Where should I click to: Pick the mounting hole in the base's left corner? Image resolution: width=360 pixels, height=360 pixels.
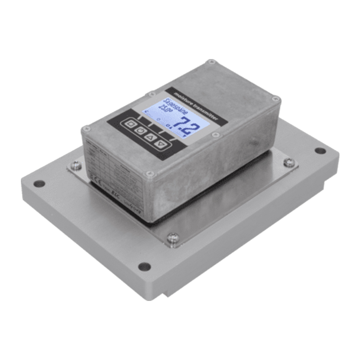pos(39,184)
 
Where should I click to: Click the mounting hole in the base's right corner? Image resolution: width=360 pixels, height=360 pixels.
pos(320,150)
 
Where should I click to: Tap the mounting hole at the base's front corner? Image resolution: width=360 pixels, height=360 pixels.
pos(144,267)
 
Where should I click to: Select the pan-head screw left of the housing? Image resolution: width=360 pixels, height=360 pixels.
pos(76,165)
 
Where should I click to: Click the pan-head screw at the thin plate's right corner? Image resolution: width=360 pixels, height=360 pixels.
pos(289,163)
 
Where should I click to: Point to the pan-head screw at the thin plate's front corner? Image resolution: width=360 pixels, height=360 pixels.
pos(172,237)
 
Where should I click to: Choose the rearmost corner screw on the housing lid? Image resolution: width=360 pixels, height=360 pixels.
pos(211,62)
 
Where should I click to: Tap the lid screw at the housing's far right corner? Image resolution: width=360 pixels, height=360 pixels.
pos(276,98)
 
